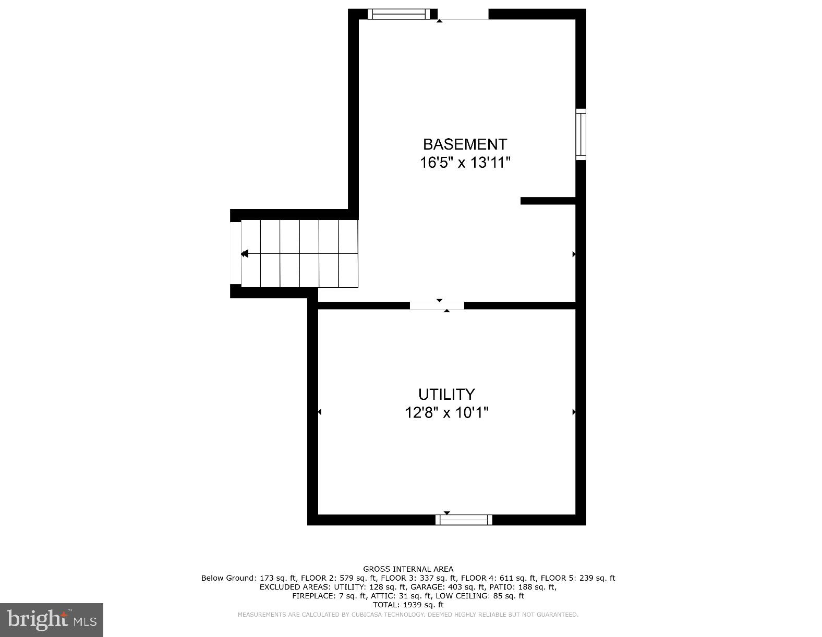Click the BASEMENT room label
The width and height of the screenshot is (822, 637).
point(464,144)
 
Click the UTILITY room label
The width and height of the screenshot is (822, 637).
point(446,394)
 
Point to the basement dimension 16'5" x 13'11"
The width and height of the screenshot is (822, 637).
point(464,163)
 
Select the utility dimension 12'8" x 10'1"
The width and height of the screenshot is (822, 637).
point(446,413)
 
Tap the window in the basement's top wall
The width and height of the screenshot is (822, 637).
point(399,14)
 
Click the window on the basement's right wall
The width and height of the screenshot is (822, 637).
point(581,134)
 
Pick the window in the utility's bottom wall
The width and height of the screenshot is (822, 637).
point(464,520)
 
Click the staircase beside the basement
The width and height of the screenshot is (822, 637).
point(299,254)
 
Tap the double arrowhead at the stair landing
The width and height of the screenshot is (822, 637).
point(245,254)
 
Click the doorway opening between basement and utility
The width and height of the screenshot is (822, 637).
point(437,305)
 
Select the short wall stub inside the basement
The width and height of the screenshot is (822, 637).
point(548,201)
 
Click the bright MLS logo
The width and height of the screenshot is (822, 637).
point(52,620)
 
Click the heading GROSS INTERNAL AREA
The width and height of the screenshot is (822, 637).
point(408,569)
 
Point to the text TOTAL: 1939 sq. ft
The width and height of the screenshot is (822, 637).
point(408,605)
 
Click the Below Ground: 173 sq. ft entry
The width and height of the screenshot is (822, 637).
point(249,578)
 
